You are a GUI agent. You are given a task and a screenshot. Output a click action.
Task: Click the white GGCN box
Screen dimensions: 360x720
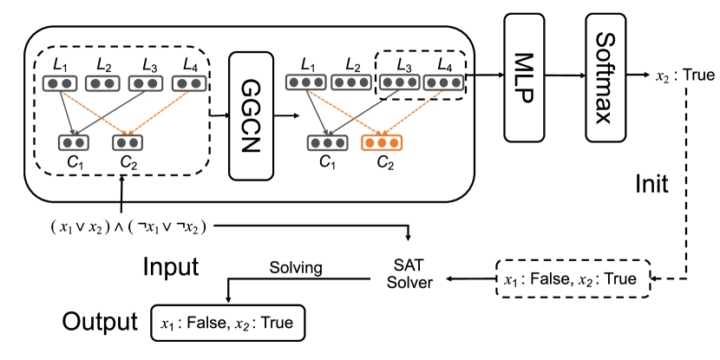(x=251, y=115)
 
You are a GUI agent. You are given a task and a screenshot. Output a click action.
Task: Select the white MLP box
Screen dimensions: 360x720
(x=524, y=77)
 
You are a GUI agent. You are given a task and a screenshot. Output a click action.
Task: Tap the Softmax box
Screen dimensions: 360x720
(x=605, y=77)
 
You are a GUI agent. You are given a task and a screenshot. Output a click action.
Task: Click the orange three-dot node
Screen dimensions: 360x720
(x=382, y=142)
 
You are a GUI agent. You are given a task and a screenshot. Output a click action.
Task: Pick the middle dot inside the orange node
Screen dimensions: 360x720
(x=382, y=142)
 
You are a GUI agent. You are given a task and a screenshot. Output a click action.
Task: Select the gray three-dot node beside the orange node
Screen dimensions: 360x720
(x=327, y=142)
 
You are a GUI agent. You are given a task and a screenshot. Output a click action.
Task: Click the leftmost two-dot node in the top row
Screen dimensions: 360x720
(x=60, y=83)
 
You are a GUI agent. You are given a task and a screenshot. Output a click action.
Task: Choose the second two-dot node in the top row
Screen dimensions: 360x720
(x=102, y=83)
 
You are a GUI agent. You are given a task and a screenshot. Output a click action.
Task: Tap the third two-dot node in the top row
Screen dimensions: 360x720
(x=146, y=83)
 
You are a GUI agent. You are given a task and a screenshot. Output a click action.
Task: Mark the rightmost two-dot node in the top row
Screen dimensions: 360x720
(x=189, y=83)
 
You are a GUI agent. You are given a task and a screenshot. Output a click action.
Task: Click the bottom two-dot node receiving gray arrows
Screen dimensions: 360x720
(x=74, y=142)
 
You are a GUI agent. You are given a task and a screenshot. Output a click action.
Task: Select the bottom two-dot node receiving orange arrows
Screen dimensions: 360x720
(x=128, y=142)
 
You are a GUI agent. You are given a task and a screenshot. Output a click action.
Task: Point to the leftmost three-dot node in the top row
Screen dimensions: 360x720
(x=306, y=82)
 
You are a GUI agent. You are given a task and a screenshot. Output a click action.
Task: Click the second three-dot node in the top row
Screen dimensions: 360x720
(x=351, y=82)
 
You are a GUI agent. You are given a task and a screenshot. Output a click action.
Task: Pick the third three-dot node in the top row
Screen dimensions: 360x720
(x=399, y=82)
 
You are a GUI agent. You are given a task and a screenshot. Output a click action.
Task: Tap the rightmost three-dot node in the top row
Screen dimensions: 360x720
(x=443, y=82)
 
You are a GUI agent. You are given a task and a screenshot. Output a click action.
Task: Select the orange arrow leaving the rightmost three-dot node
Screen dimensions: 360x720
(x=412, y=113)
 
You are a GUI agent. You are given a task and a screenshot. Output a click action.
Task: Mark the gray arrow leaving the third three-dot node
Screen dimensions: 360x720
(x=364, y=113)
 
